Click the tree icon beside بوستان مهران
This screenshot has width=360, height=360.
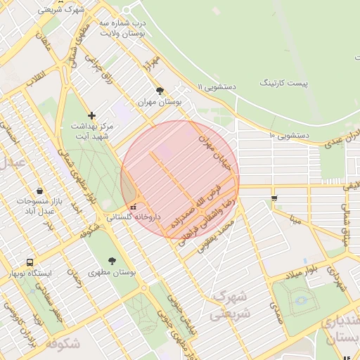tap(160, 91)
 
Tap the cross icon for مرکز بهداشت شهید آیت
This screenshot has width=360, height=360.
tap(91, 115)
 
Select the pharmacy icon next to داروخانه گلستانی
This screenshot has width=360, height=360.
tap(134, 207)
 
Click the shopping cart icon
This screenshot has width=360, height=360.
tap(274, 198)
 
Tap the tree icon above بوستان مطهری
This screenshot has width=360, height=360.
tap(112, 259)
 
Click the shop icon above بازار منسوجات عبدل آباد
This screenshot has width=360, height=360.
tap(39, 190)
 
